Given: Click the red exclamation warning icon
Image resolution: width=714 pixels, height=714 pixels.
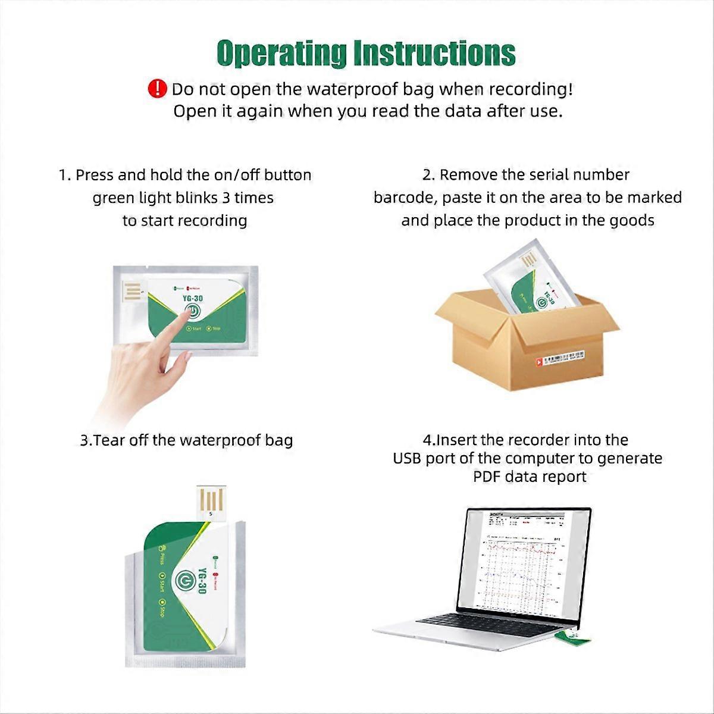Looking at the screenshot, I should [x=157, y=89].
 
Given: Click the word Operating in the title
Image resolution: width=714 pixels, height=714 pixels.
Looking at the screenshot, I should [x=280, y=54].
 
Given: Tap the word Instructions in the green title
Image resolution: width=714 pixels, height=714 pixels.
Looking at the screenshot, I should [x=434, y=54].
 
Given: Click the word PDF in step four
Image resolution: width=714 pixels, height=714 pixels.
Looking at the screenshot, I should [x=487, y=477].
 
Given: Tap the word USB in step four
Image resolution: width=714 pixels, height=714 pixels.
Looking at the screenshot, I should [x=408, y=458].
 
